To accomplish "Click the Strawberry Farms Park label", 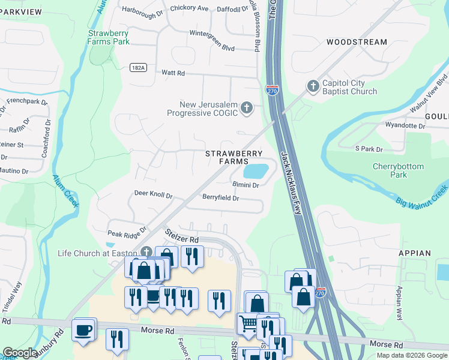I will click(108, 37).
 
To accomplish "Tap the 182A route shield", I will click(137, 68).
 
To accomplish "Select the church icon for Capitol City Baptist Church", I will click(312, 86).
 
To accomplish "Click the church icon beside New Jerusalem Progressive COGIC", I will click(246, 108).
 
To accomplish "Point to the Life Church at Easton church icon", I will click(146, 253).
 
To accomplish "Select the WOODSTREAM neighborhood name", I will click(357, 42).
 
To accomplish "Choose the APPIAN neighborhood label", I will click(414, 253).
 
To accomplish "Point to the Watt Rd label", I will click(173, 73).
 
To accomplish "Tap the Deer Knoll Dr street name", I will click(153, 196).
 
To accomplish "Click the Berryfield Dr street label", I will click(220, 197).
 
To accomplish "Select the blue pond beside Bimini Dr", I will click(256, 171).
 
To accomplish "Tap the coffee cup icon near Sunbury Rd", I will click(83, 329).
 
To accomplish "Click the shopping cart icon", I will click(247, 324).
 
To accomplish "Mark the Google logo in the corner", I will click(20, 353).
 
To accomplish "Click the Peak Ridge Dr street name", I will click(127, 232).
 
